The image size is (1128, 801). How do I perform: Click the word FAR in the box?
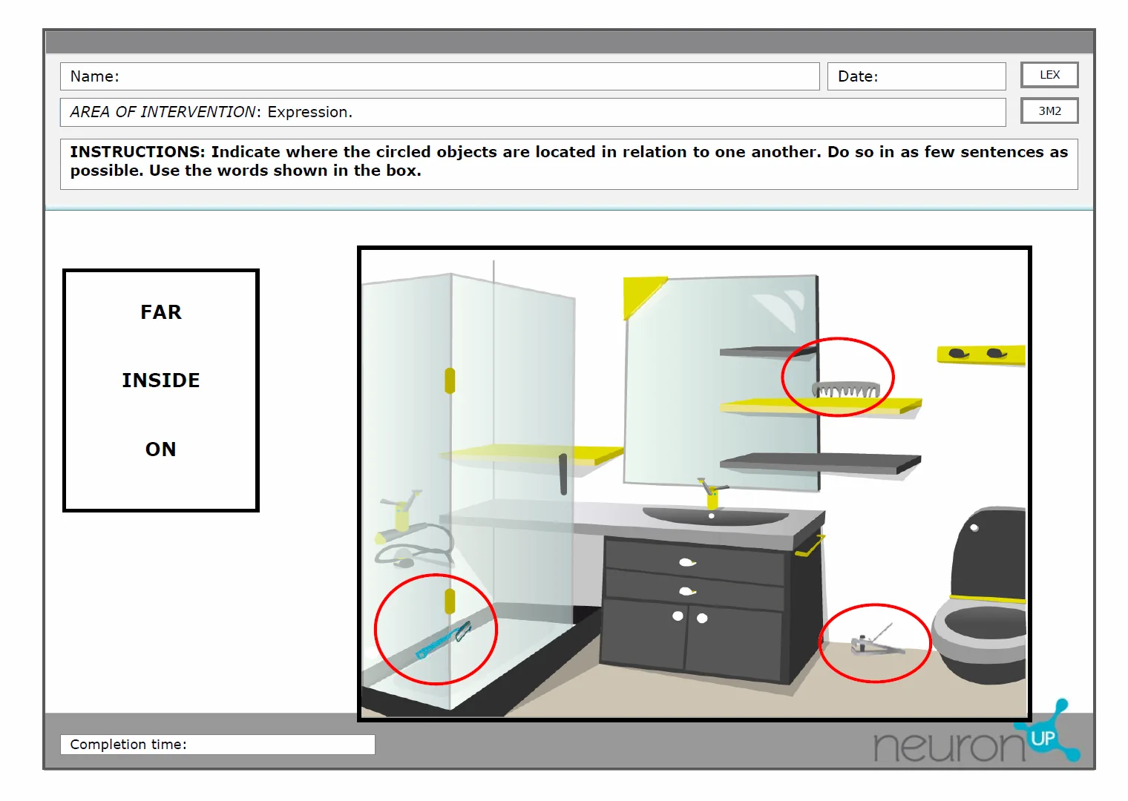pos(160,312)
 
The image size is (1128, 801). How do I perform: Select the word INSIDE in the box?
pos(160,380)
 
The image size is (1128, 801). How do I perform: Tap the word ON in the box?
pos(160,449)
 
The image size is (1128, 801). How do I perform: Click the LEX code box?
pos(1049,75)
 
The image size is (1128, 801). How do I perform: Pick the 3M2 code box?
pos(1049,111)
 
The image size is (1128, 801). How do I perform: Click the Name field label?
pos(95,76)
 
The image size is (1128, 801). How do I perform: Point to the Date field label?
pos(858,76)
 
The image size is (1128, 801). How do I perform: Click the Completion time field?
pos(217,744)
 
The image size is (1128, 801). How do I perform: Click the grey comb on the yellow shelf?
pos(846,389)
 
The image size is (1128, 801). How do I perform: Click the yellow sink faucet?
pos(712,494)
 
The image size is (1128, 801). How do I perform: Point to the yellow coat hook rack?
pos(981,355)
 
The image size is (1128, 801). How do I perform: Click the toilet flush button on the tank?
pos(974,528)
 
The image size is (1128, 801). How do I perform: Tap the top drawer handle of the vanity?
pos(687,562)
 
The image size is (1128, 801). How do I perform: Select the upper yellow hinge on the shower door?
pos(450,381)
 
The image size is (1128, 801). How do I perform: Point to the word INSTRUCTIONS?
pos(137,152)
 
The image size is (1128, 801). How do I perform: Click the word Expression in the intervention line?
pos(309,112)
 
